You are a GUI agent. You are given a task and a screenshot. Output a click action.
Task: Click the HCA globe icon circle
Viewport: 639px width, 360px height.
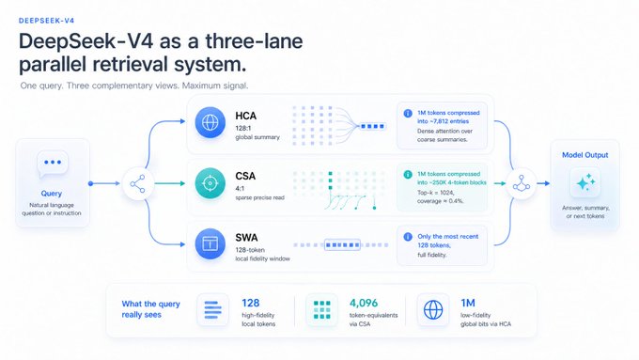(x=210, y=122)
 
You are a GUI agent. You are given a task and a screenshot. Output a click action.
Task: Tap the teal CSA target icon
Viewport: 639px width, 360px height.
(x=210, y=183)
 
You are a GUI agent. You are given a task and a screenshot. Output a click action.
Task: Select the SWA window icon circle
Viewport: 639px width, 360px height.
(x=210, y=243)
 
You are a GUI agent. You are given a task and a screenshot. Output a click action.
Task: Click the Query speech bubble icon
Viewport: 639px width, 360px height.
(x=53, y=164)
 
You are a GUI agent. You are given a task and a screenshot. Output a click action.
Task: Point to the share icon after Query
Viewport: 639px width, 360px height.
(x=138, y=184)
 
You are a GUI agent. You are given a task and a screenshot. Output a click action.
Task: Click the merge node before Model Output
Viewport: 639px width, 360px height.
(x=522, y=183)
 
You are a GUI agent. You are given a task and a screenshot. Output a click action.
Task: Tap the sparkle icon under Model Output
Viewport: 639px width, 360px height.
(x=585, y=183)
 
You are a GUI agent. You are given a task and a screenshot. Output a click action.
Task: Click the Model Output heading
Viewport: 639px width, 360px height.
(x=584, y=155)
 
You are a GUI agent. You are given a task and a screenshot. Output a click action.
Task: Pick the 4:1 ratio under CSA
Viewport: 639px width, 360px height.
(x=240, y=188)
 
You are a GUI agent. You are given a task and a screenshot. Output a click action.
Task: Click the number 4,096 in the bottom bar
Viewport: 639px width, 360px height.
(x=364, y=303)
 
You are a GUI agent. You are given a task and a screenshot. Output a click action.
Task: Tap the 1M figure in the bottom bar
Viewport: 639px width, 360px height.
(x=468, y=303)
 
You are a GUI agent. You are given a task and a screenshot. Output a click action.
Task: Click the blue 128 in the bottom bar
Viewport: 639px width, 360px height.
(x=250, y=303)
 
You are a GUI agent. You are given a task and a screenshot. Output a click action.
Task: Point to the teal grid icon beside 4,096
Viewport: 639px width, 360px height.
(x=322, y=310)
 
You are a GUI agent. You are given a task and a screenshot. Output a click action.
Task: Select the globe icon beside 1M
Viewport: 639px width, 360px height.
(x=433, y=310)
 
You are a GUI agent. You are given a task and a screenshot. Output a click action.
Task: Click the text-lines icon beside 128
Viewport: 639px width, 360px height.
(x=212, y=310)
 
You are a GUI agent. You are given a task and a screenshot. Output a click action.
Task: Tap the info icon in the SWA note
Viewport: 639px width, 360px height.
(x=408, y=237)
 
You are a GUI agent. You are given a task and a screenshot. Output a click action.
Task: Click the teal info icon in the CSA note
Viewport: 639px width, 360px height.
(x=408, y=175)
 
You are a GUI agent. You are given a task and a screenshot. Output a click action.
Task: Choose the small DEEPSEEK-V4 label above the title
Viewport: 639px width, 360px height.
(x=46, y=21)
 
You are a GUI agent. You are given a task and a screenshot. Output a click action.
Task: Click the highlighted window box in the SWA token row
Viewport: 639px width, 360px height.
(x=342, y=245)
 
